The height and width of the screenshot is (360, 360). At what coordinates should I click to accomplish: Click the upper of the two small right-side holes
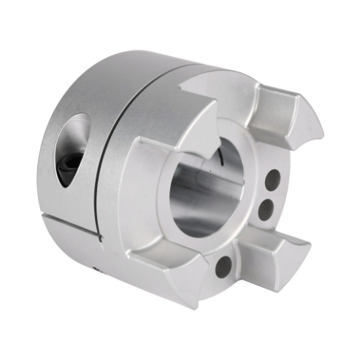click(x=272, y=178)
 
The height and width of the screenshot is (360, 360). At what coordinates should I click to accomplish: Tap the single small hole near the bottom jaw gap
click(x=223, y=264)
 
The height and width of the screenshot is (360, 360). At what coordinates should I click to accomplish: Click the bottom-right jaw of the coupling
click(x=281, y=252)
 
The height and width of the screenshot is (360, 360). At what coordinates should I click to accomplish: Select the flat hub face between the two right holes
click(x=269, y=194)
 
